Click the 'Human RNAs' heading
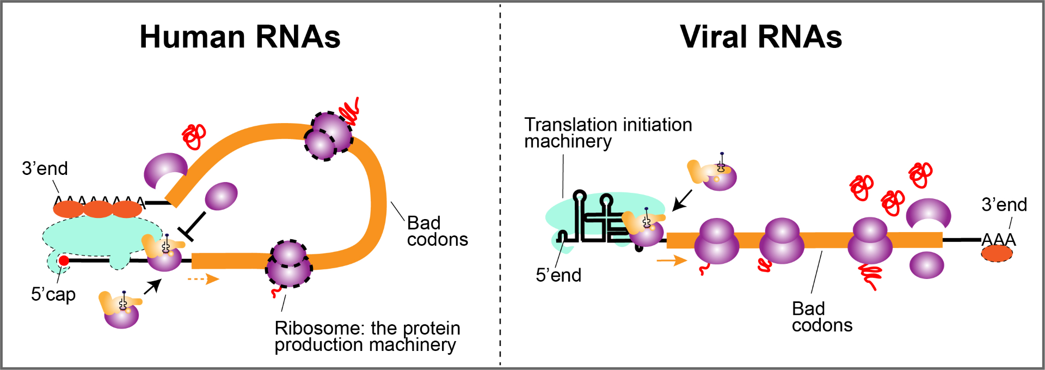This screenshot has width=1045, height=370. pos(240,37)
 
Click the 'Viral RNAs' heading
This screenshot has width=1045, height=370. pos(761,37)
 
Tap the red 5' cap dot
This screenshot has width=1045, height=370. pos(64,260)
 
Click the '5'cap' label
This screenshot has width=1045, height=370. pos(53,294)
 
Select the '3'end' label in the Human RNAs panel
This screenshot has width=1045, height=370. pos(45,168)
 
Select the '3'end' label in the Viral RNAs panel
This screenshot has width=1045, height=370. pos(1004,205)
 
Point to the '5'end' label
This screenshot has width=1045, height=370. pos(558,275)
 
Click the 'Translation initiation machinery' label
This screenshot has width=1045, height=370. pos(608,132)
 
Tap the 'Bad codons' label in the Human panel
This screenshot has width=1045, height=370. pos(437,231)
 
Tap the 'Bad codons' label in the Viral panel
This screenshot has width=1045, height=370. pos(822,317)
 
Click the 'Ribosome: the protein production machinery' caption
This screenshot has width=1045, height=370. pos(367,336)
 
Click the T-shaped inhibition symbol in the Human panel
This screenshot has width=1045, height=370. pos(194,226)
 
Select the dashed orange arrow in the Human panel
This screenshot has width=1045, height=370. pos(203,279)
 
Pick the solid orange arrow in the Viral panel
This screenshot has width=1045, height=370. pos(672,260)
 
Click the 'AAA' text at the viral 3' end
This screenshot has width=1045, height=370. pos(998,239)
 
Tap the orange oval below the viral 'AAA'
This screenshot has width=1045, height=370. pos(997,253)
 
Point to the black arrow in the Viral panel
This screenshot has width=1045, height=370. pos(682,200)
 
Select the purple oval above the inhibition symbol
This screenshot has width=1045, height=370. pos(221,196)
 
